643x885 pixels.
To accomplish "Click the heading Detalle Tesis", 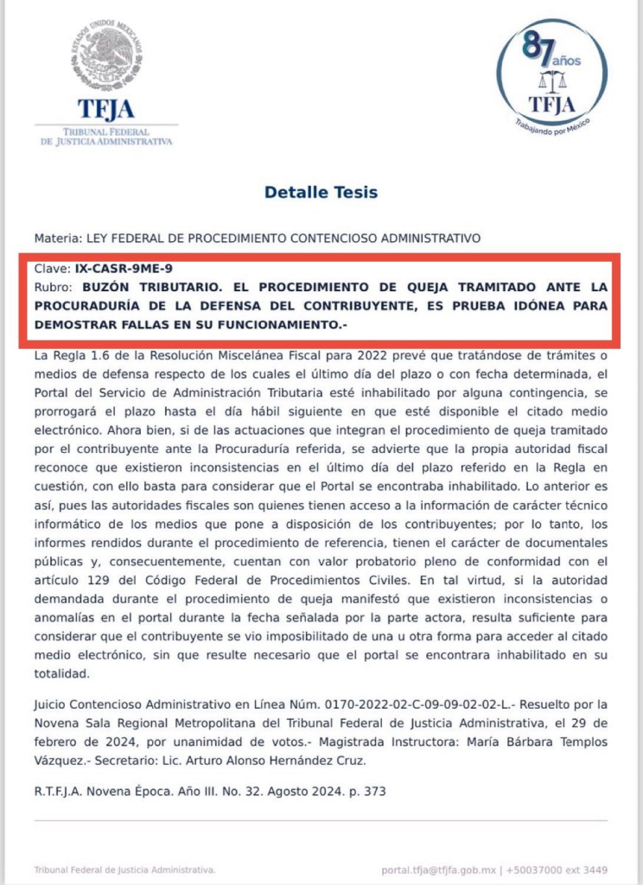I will click(x=321, y=192).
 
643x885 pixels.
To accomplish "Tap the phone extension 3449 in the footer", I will click(x=594, y=869).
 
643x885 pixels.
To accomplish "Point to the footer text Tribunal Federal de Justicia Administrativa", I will click(x=124, y=869).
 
